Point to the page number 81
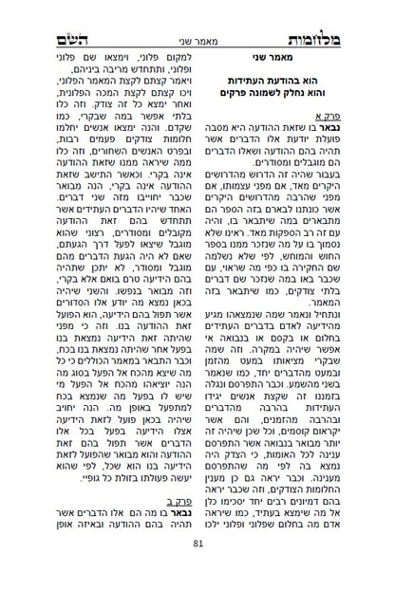(x=197, y=569)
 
